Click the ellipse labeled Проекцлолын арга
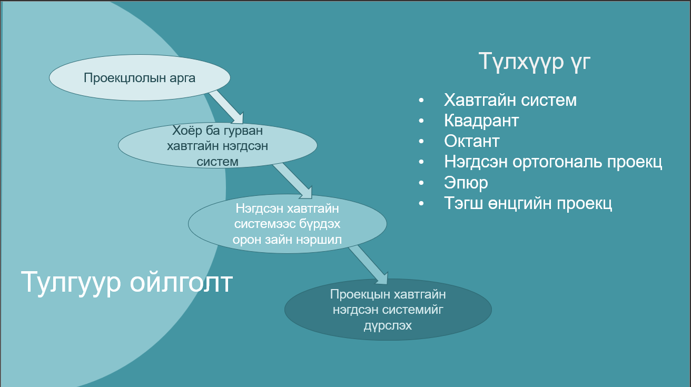coord(140,78)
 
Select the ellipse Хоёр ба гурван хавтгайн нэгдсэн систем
coord(217,146)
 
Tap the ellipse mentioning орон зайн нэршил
coord(287,224)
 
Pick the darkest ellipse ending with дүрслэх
coord(388,310)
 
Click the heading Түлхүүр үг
coord(534,61)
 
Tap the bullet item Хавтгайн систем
coord(510,100)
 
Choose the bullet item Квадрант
coord(481,121)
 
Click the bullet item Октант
coord(471,141)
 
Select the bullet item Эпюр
coord(466,183)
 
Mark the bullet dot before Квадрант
coord(421,121)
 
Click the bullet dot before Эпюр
coord(421,183)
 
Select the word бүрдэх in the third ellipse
coord(316,224)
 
